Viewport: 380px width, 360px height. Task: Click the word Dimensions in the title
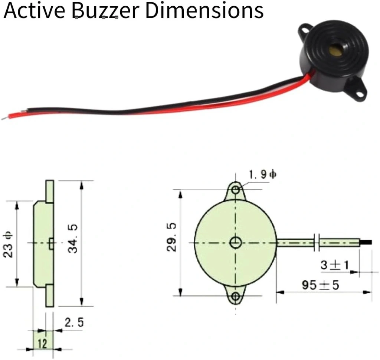(204, 10)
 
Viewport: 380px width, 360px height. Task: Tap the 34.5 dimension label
(73, 244)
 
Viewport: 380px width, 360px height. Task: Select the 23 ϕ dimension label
(9, 244)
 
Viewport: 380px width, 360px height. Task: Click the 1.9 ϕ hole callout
(263, 175)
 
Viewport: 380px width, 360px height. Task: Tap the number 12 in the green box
(43, 344)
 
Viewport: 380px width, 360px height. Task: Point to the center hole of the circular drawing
(236, 243)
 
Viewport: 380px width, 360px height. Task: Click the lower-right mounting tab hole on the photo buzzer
(359, 93)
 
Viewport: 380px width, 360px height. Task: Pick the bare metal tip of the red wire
(4, 118)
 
